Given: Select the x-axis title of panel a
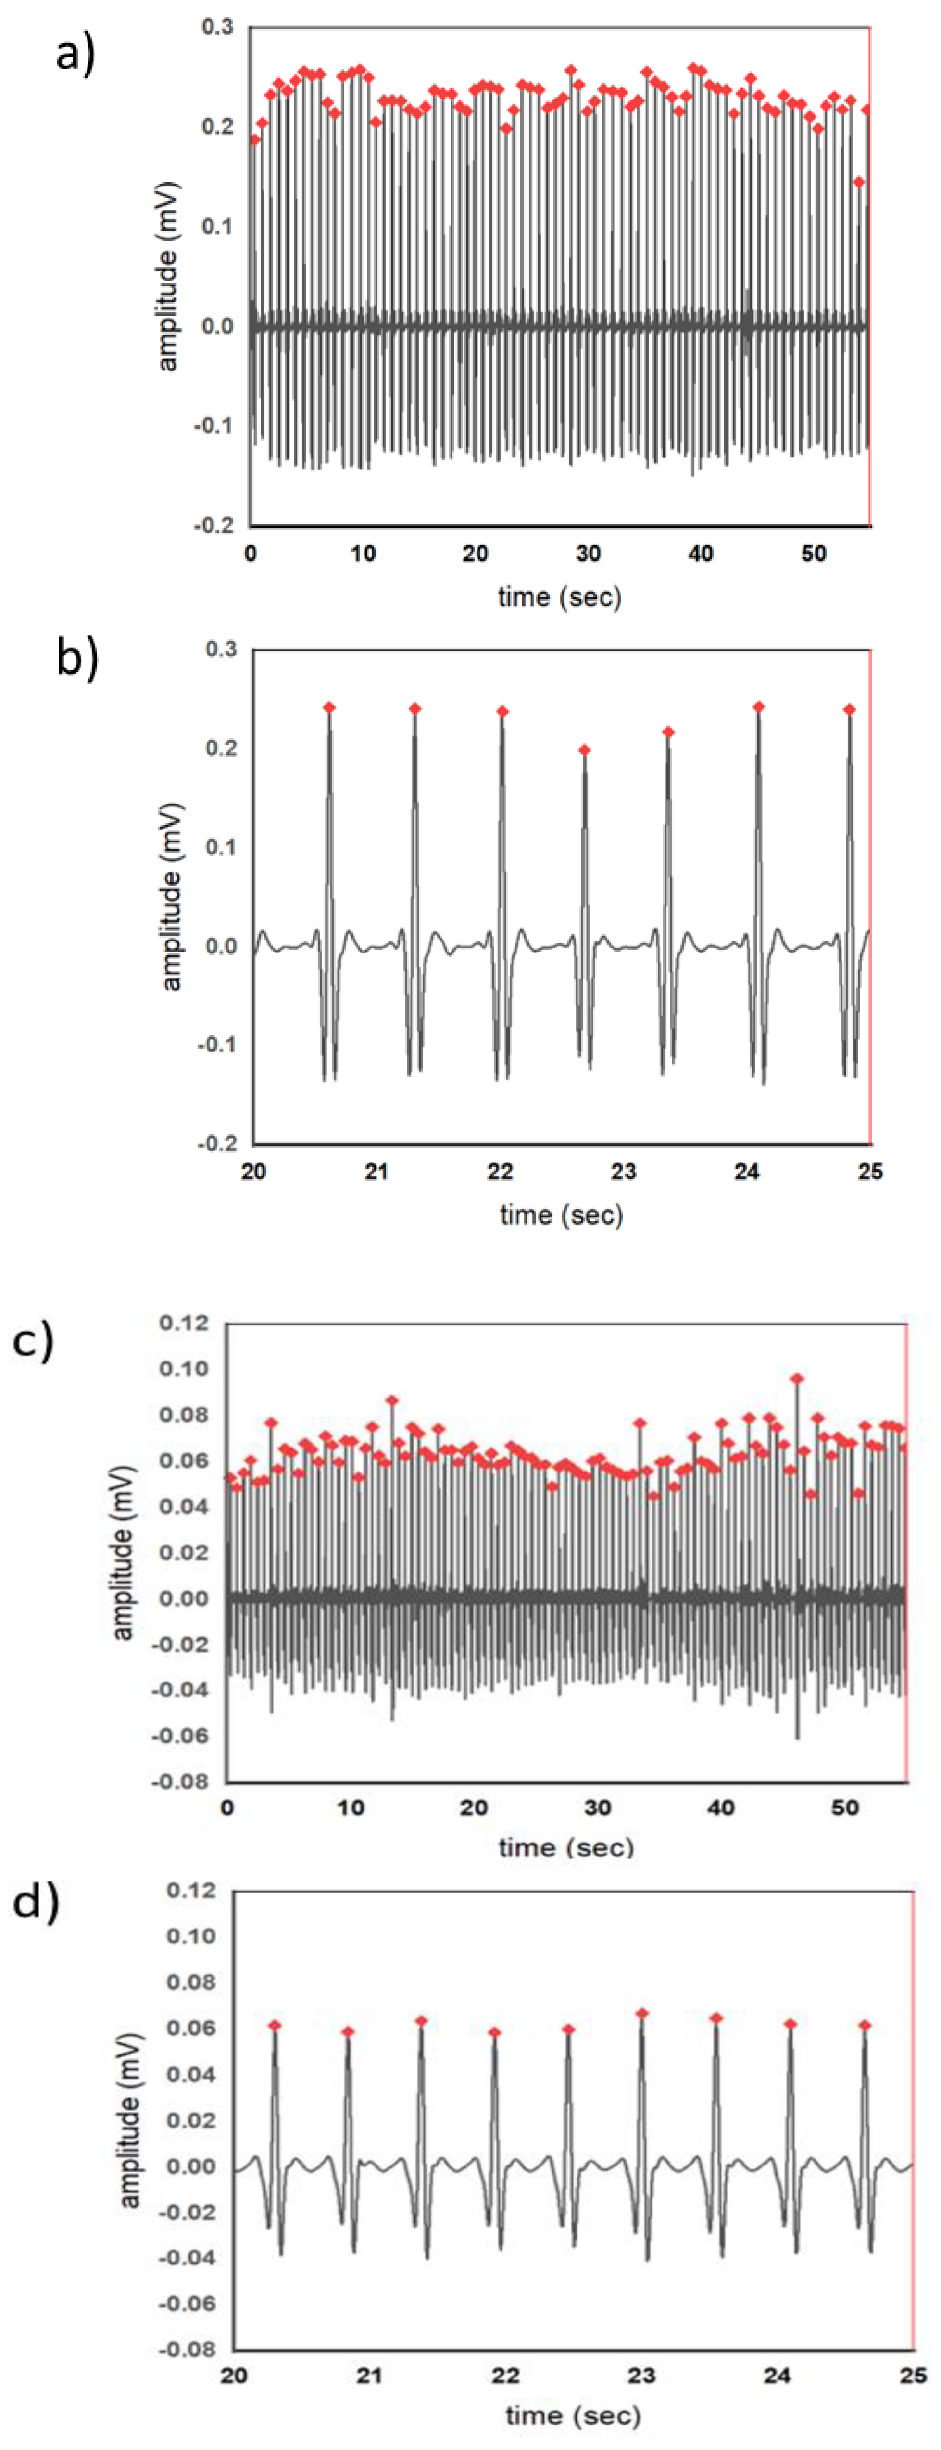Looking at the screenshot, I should click(560, 597).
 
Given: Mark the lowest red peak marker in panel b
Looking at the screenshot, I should click(585, 750).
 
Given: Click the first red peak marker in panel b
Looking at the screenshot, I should click(329, 707).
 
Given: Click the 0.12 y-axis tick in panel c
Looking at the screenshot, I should click(184, 1323).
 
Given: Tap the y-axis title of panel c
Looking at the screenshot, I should click(124, 1552).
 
